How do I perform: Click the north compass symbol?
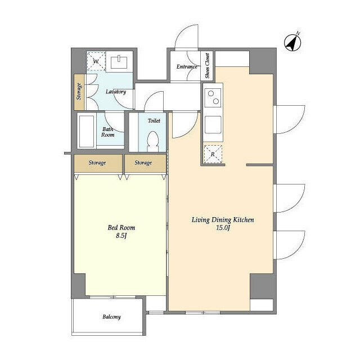[x=292, y=43]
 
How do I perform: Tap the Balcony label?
[x=111, y=317]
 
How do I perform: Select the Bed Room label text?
[x=121, y=227]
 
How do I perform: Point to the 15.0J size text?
[x=223, y=228]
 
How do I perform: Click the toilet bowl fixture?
[x=152, y=141]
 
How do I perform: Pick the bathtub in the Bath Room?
[x=87, y=132]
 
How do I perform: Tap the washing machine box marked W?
[x=96, y=61]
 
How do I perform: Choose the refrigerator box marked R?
[x=213, y=154]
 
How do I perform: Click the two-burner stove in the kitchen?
[x=213, y=97]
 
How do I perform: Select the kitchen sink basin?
[x=213, y=125]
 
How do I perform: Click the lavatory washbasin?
[x=119, y=62]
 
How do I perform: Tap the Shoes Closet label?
[x=207, y=66]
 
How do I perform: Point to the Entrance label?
[x=187, y=66]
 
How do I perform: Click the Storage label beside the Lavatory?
[x=79, y=91]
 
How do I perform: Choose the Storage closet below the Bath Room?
[x=98, y=163]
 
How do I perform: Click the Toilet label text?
[x=154, y=120]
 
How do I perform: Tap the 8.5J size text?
[x=121, y=236]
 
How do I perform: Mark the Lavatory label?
[x=116, y=92]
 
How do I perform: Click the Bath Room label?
[x=107, y=132]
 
